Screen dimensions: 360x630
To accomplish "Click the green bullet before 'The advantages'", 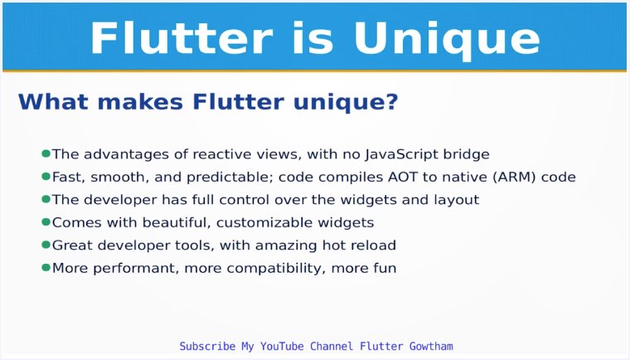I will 46,153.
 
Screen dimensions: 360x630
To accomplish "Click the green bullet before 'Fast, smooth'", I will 46,177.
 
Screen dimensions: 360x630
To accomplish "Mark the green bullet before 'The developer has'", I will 46,200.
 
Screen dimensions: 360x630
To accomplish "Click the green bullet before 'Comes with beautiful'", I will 46,222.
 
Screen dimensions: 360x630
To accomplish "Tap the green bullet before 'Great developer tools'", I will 46,246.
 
